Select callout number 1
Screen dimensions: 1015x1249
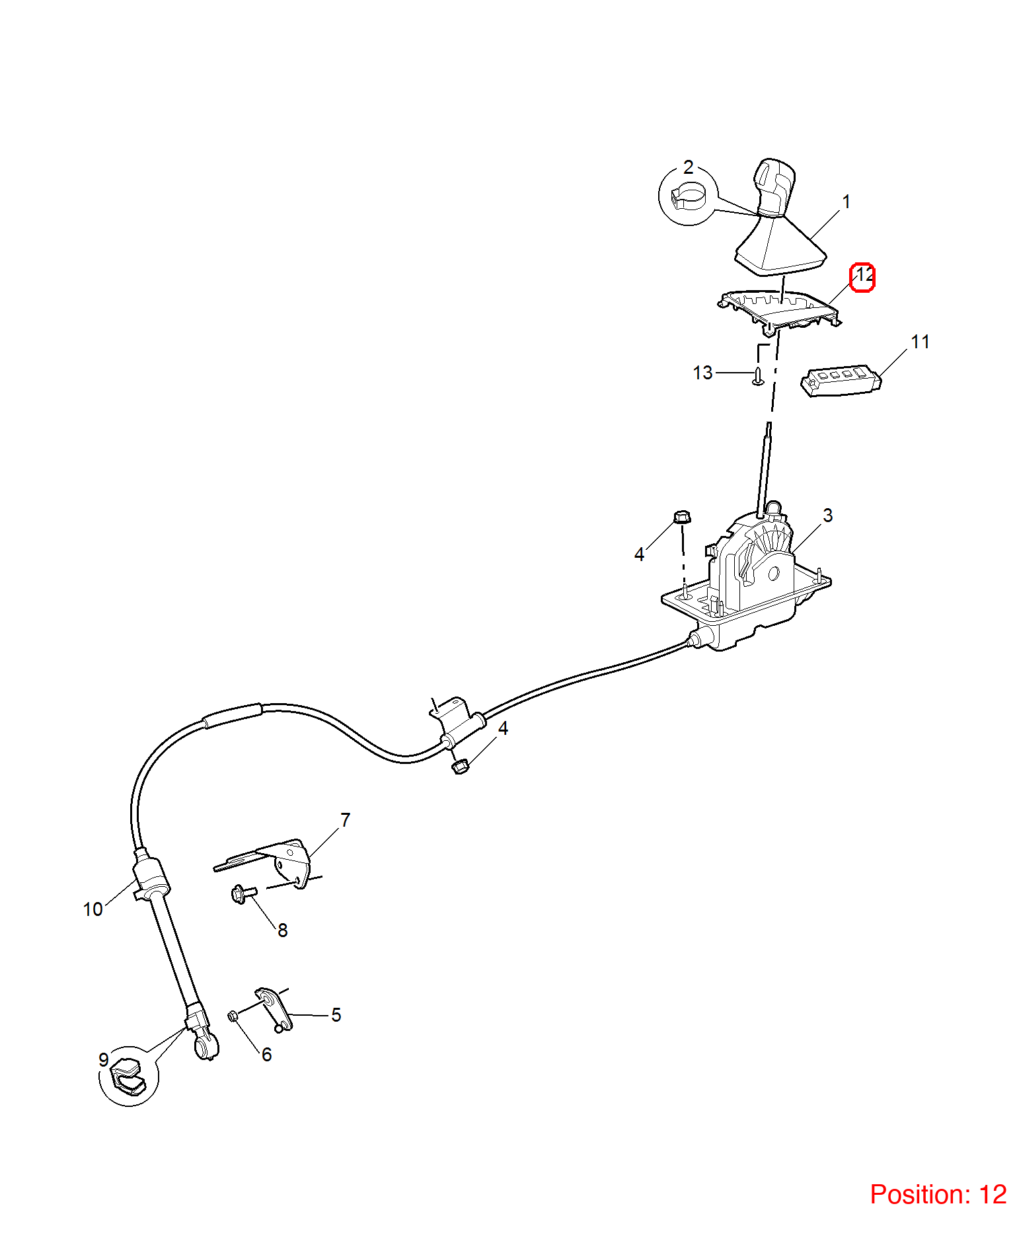point(846,202)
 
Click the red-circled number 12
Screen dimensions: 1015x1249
point(863,277)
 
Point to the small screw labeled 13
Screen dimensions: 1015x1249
point(759,375)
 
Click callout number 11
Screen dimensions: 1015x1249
point(920,342)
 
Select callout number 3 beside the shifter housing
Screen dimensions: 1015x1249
point(828,515)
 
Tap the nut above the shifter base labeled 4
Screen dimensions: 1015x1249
point(682,516)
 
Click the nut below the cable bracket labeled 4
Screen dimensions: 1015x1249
point(460,766)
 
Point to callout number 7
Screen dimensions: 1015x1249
point(345,819)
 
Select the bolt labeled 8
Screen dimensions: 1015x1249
point(243,894)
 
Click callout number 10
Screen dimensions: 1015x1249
point(93,909)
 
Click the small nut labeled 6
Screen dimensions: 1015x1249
point(233,1016)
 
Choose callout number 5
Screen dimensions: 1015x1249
point(336,1014)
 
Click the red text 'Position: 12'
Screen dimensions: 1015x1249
point(938,1194)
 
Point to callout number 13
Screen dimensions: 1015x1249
point(702,373)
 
